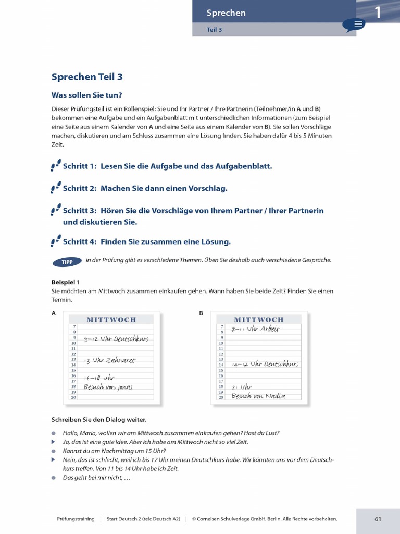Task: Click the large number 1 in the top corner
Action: pyautogui.click(x=378, y=12)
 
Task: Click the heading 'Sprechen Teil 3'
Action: pyautogui.click(x=87, y=77)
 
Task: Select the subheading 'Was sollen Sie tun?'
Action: pyautogui.click(x=86, y=95)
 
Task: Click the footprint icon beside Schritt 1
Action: pyautogui.click(x=56, y=166)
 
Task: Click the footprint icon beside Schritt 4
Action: pyautogui.click(x=56, y=241)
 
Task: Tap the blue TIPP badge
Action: pyautogui.click(x=67, y=261)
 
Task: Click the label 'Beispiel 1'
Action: pyautogui.click(x=66, y=282)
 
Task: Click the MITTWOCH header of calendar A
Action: pyautogui.click(x=111, y=319)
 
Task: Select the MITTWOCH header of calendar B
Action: pyautogui.click(x=259, y=319)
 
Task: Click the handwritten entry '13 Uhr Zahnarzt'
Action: pyautogui.click(x=109, y=360)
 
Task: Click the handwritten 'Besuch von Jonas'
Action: pyautogui.click(x=108, y=387)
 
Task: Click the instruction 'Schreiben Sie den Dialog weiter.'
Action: pyautogui.click(x=98, y=419)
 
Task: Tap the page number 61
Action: pyautogui.click(x=378, y=519)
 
